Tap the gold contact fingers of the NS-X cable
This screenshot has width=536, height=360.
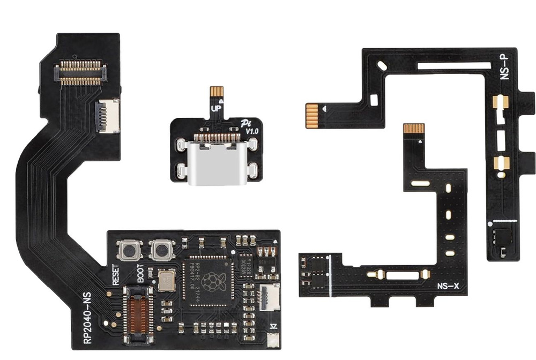coord(414,129)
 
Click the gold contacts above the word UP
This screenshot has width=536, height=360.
coord(216,92)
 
